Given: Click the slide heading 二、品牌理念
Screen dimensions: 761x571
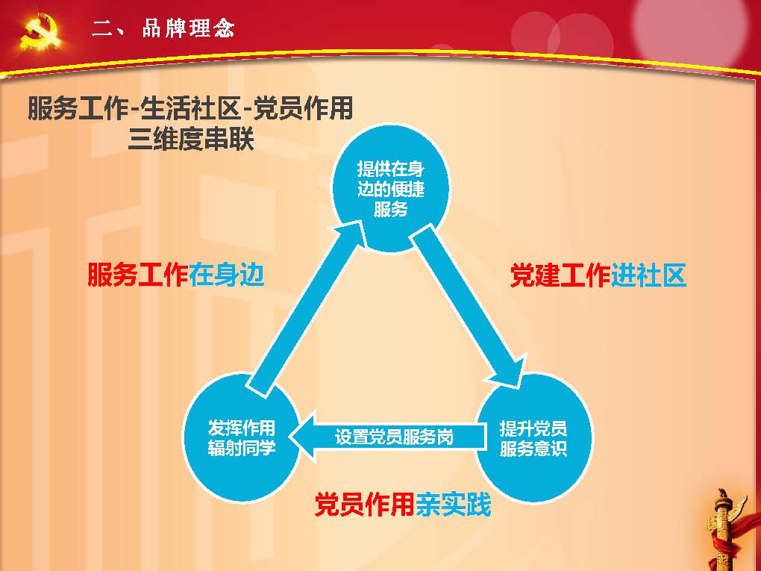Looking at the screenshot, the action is (x=163, y=28).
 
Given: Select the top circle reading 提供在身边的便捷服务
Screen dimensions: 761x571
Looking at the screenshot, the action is (x=390, y=188).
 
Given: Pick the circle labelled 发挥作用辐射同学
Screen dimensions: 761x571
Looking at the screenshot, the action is (x=241, y=437).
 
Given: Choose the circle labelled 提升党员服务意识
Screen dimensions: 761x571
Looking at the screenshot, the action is (x=533, y=437).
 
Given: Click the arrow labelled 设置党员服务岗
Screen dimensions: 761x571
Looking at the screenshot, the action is (x=387, y=436).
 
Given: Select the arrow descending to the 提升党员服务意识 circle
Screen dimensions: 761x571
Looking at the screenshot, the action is (x=469, y=306).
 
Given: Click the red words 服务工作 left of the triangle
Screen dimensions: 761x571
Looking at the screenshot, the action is (x=138, y=275).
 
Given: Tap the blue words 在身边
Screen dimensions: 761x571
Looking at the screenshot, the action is (x=227, y=275).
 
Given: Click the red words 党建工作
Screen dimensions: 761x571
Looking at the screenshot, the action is (x=560, y=275).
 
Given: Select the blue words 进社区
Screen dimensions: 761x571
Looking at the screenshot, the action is (x=648, y=275).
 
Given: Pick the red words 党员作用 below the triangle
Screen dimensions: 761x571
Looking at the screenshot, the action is (x=365, y=505).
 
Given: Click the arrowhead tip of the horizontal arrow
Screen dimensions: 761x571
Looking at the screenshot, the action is (x=289, y=436).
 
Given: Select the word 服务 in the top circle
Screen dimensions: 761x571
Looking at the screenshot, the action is (x=390, y=209).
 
